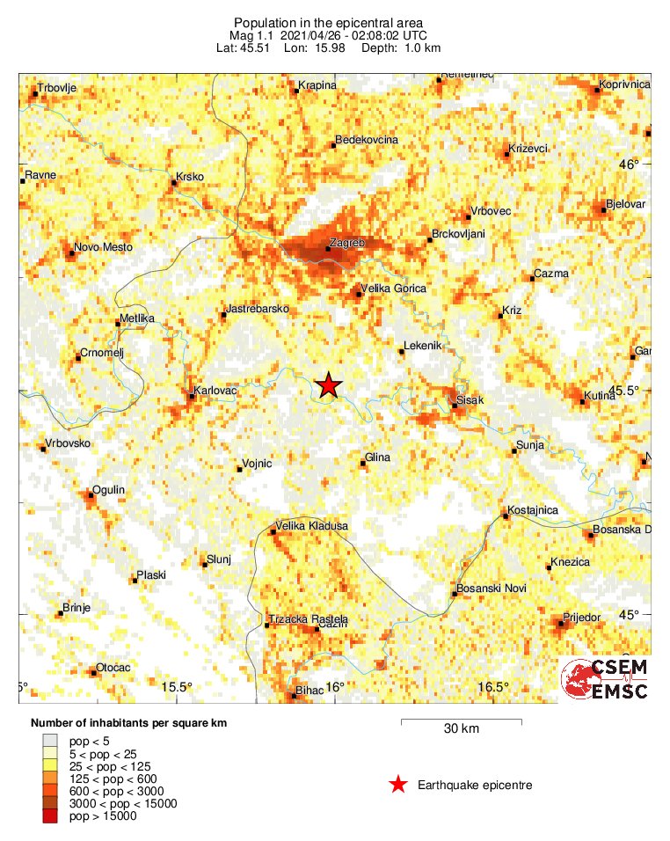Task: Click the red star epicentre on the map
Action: point(328,384)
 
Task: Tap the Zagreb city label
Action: point(346,242)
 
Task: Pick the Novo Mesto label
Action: point(104,248)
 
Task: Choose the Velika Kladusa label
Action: point(312,526)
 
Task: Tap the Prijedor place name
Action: point(581,618)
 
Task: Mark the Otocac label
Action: point(113,668)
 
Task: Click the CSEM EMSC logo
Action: point(606,679)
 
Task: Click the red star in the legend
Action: point(399,785)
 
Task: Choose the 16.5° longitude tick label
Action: point(493,687)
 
